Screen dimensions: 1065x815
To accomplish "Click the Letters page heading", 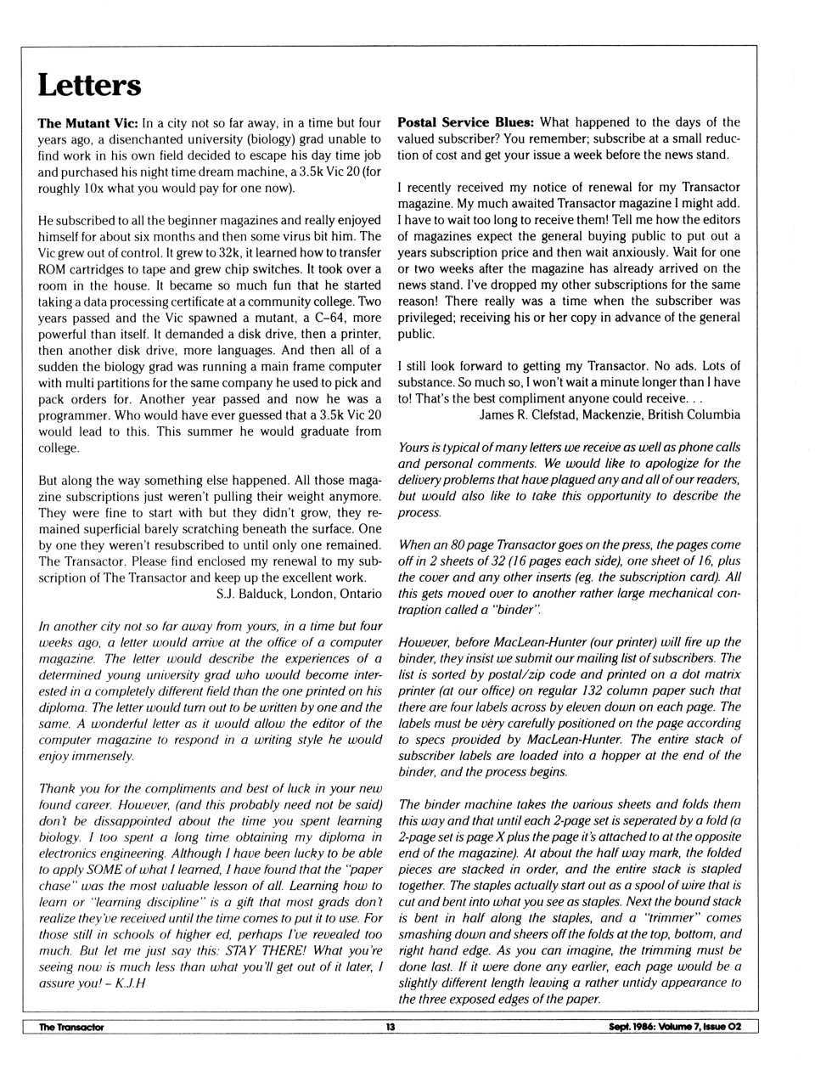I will pyautogui.click(x=89, y=86).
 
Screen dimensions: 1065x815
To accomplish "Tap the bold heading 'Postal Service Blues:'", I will pyautogui.click(x=465, y=122).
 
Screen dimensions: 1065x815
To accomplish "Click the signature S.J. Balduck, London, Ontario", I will pyautogui.click(x=299, y=594).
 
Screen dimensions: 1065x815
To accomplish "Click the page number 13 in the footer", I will pyautogui.click(x=391, y=1027).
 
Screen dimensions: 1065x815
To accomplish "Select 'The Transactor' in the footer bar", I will pyautogui.click(x=71, y=1027).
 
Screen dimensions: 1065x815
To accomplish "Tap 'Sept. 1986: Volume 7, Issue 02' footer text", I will pyautogui.click(x=674, y=1027).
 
